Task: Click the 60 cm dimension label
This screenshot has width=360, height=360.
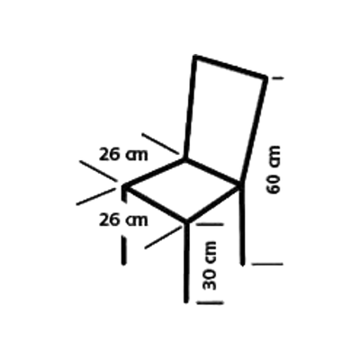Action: pyautogui.click(x=274, y=170)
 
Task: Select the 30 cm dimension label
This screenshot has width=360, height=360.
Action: pyautogui.click(x=210, y=265)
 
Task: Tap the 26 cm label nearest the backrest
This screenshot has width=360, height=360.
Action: pyautogui.click(x=123, y=155)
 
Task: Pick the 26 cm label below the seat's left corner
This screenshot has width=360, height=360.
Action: pyautogui.click(x=123, y=220)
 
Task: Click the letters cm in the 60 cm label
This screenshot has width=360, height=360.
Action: pyautogui.click(x=274, y=157)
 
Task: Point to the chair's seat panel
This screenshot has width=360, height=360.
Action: pyautogui.click(x=184, y=190)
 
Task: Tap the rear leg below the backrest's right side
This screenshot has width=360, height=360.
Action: pyautogui.click(x=242, y=224)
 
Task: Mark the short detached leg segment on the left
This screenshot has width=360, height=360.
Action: pyautogui.click(x=123, y=250)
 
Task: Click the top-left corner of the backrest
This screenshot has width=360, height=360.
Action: pyautogui.click(x=195, y=56)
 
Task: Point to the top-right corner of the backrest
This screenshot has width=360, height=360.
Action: pyautogui.click(x=265, y=77)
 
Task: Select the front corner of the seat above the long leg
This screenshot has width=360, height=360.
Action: pyautogui.click(x=186, y=222)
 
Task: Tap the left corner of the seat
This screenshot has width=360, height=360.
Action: pyautogui.click(x=123, y=186)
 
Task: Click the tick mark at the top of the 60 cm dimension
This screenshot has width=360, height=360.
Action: pyautogui.click(x=277, y=78)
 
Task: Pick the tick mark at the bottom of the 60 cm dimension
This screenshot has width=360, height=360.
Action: pyautogui.click(x=267, y=264)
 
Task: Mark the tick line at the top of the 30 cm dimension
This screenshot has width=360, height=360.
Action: pyautogui.click(x=210, y=224)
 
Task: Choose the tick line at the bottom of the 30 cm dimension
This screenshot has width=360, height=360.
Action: pyautogui.click(x=210, y=302)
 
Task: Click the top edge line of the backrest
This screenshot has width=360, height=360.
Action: pyautogui.click(x=230, y=67)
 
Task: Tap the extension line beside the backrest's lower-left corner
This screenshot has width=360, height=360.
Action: pyautogui.click(x=160, y=143)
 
